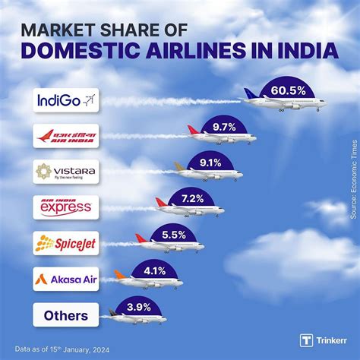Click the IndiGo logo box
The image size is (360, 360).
[x=66, y=100]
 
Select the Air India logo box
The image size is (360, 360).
[x=66, y=136]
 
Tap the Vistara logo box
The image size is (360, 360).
[x=66, y=172]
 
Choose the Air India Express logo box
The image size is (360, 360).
[x=66, y=207]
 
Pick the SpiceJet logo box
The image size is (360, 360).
[x=66, y=243]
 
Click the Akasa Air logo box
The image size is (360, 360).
[x=66, y=279]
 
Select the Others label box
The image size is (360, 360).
[x=66, y=314]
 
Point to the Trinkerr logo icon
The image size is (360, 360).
[x=306, y=340]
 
